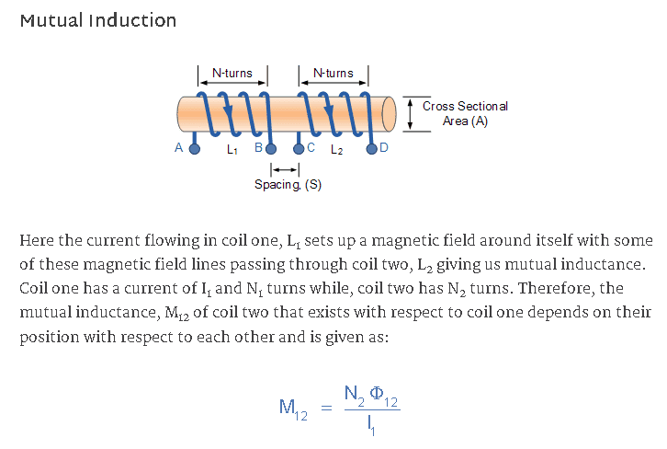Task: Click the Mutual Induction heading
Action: pyautogui.click(x=97, y=20)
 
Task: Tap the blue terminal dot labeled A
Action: pyautogui.click(x=194, y=147)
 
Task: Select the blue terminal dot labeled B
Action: pyautogui.click(x=272, y=147)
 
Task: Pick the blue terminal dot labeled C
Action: pyautogui.click(x=299, y=147)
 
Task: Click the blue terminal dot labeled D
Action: pyautogui.click(x=372, y=147)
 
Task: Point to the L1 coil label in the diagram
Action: pyautogui.click(x=231, y=148)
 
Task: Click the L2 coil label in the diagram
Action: pyautogui.click(x=334, y=149)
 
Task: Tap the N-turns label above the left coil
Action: pyautogui.click(x=232, y=73)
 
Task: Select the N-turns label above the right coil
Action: pyautogui.click(x=333, y=73)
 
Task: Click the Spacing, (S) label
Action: pyautogui.click(x=288, y=185)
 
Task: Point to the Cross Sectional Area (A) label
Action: pyautogui.click(x=465, y=113)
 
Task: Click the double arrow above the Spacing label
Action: pyautogui.click(x=285, y=169)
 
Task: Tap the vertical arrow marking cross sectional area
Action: pyautogui.click(x=409, y=113)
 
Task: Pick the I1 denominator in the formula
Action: pyautogui.click(x=369, y=424)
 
